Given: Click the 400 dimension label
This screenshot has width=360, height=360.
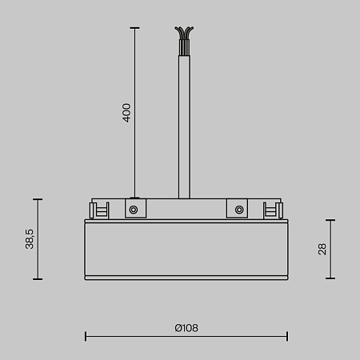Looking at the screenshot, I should [x=126, y=112].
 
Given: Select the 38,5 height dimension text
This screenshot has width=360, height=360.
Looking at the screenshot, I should [x=30, y=238].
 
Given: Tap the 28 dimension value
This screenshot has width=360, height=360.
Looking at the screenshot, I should [x=322, y=249].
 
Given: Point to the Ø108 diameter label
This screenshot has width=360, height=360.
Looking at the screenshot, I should [x=186, y=328].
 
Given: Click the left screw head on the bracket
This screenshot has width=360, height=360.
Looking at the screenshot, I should [x=134, y=210].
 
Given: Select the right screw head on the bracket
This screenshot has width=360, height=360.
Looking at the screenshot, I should [x=238, y=210].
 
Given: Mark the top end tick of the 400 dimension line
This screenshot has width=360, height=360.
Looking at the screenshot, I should [x=134, y=28].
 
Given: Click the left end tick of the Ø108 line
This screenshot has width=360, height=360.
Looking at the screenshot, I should [x=86, y=337].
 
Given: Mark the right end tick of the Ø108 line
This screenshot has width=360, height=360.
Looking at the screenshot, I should [x=287, y=337].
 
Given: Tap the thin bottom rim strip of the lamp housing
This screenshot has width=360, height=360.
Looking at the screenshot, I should [x=186, y=277].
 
